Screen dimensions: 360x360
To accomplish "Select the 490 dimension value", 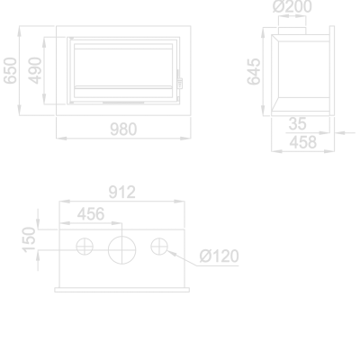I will [x=35, y=69].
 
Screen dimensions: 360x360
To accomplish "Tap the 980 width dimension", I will [x=123, y=130].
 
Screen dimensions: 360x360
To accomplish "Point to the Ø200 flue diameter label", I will [x=293, y=8].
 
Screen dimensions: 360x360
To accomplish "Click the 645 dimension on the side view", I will [x=255, y=69].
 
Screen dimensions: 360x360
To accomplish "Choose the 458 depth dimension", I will [x=301, y=141].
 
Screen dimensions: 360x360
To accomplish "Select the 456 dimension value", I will [x=90, y=213].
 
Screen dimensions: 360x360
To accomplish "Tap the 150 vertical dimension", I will [x=30, y=238].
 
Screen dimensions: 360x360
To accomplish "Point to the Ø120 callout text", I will [x=219, y=257].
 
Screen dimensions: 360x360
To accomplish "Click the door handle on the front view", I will [x=180, y=83].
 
